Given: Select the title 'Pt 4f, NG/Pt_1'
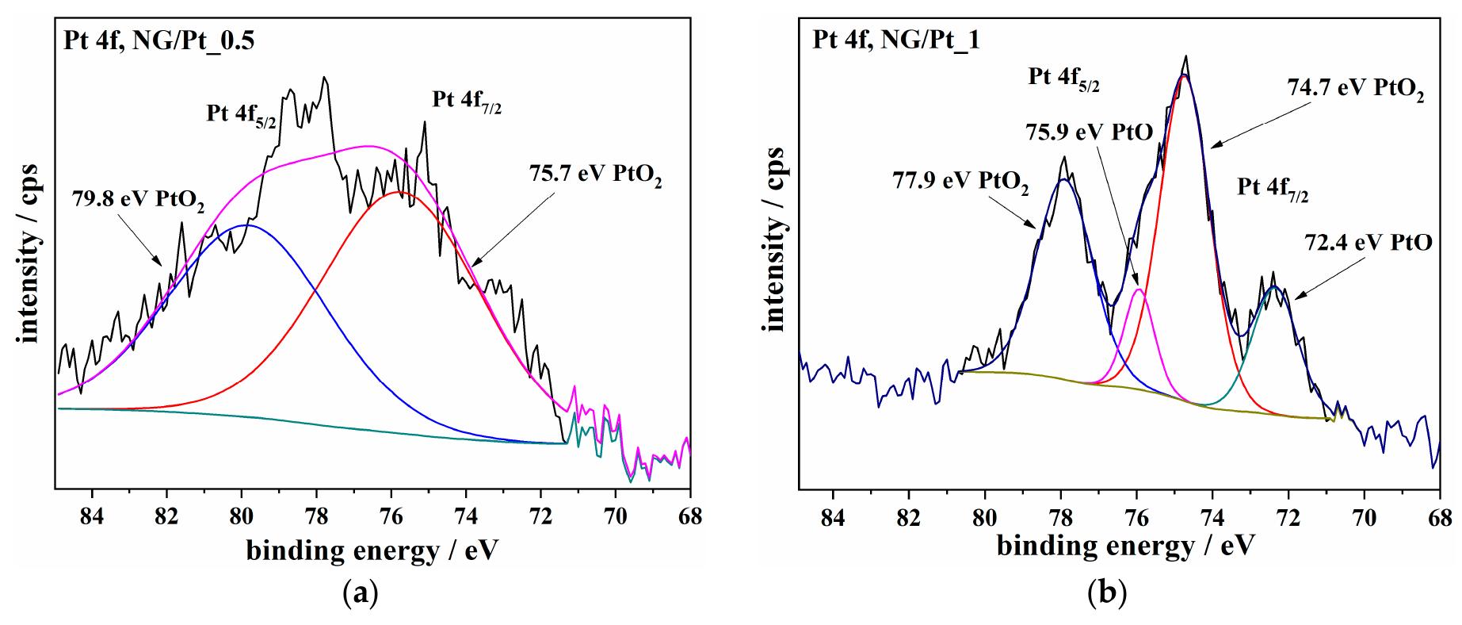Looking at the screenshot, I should click(896, 40).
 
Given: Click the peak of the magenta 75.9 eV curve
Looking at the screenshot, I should click(1139, 289).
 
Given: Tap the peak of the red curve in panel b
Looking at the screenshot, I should click(1184, 76).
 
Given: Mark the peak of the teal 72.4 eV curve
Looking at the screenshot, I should click(1273, 287).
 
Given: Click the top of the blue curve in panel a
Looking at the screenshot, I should click(247, 225).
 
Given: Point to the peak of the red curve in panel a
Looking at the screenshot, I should click(398, 192).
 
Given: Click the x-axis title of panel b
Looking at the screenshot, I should click(1126, 546).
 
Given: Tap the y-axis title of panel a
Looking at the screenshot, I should click(29, 245).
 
